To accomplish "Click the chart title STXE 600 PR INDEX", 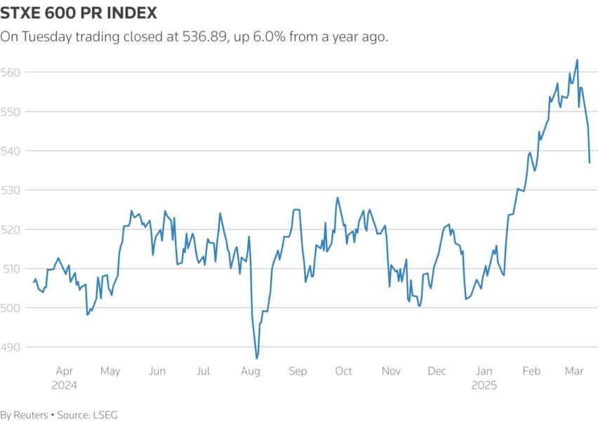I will click(x=79, y=13).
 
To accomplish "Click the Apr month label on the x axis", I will click(x=64, y=371).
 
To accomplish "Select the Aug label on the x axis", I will click(x=251, y=371).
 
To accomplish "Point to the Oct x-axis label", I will click(x=343, y=371).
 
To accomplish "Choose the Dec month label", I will click(x=437, y=371).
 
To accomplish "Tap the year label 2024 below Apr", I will click(x=64, y=385).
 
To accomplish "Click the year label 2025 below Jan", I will click(x=484, y=385).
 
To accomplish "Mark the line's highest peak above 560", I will click(x=577, y=60).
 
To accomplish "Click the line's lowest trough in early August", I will click(x=257, y=359).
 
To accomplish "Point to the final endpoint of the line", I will click(x=590, y=163).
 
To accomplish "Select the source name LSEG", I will click(x=104, y=415).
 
